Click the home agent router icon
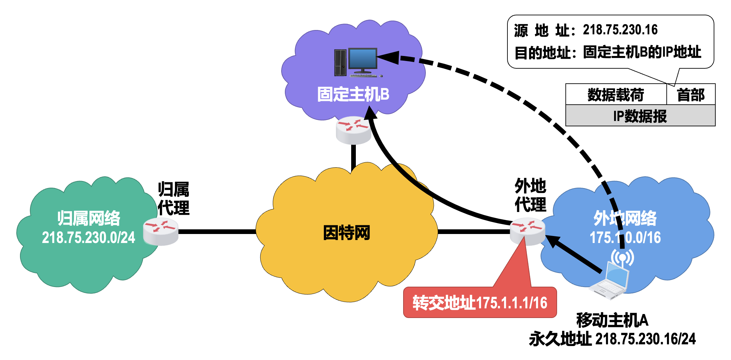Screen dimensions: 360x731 click(x=161, y=231)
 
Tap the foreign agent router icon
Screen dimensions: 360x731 click(x=527, y=231)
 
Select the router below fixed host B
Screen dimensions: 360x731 click(x=354, y=130)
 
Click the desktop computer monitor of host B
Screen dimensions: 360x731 click(x=363, y=59)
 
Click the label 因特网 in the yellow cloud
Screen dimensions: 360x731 click(x=347, y=233)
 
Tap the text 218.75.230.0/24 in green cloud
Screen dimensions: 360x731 click(x=88, y=238)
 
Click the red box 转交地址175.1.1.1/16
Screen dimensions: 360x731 click(x=480, y=303)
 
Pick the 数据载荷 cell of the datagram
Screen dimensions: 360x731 click(x=616, y=95)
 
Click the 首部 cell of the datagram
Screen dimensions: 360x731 click(x=691, y=95)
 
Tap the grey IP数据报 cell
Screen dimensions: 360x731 click(x=640, y=116)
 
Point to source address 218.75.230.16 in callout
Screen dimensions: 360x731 click(x=620, y=30)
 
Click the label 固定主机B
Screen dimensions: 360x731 click(x=353, y=94)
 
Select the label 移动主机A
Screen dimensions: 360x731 click(x=612, y=320)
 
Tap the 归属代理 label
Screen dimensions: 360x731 click(x=173, y=199)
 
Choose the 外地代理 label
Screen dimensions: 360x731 click(x=530, y=195)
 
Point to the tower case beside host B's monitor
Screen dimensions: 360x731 click(x=340, y=63)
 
